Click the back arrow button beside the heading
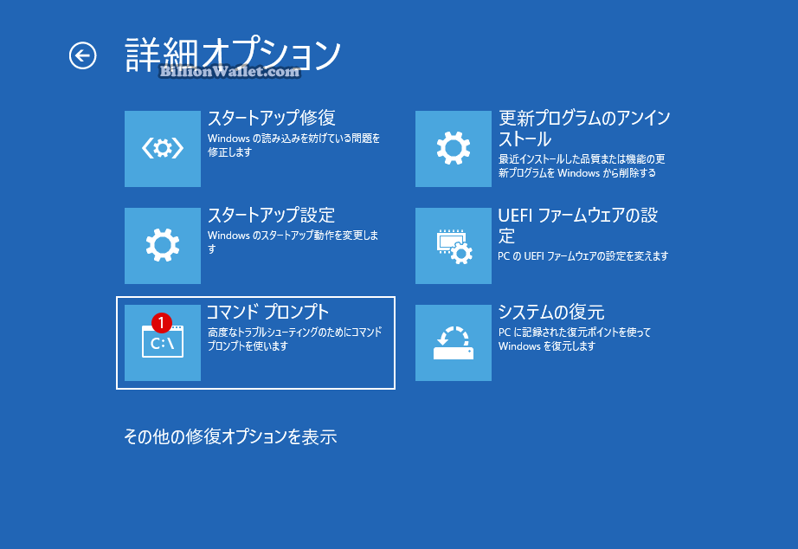[82, 55]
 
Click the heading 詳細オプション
[233, 54]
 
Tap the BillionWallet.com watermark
[229, 71]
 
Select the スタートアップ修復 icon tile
[163, 149]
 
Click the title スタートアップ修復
[271, 118]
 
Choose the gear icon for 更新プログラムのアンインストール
[453, 149]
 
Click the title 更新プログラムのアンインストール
[584, 128]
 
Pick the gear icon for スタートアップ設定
[163, 245]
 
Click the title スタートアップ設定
[271, 215]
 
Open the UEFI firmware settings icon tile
[453, 245]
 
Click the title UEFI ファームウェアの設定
[577, 225]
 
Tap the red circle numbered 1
[161, 322]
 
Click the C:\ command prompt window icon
[163, 342]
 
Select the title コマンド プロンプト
[267, 312]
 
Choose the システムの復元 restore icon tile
[453, 343]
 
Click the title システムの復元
[551, 312]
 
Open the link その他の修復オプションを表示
[230, 436]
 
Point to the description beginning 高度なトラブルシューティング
[294, 339]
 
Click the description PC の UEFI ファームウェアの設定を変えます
[582, 255]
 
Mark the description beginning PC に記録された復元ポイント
[575, 339]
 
